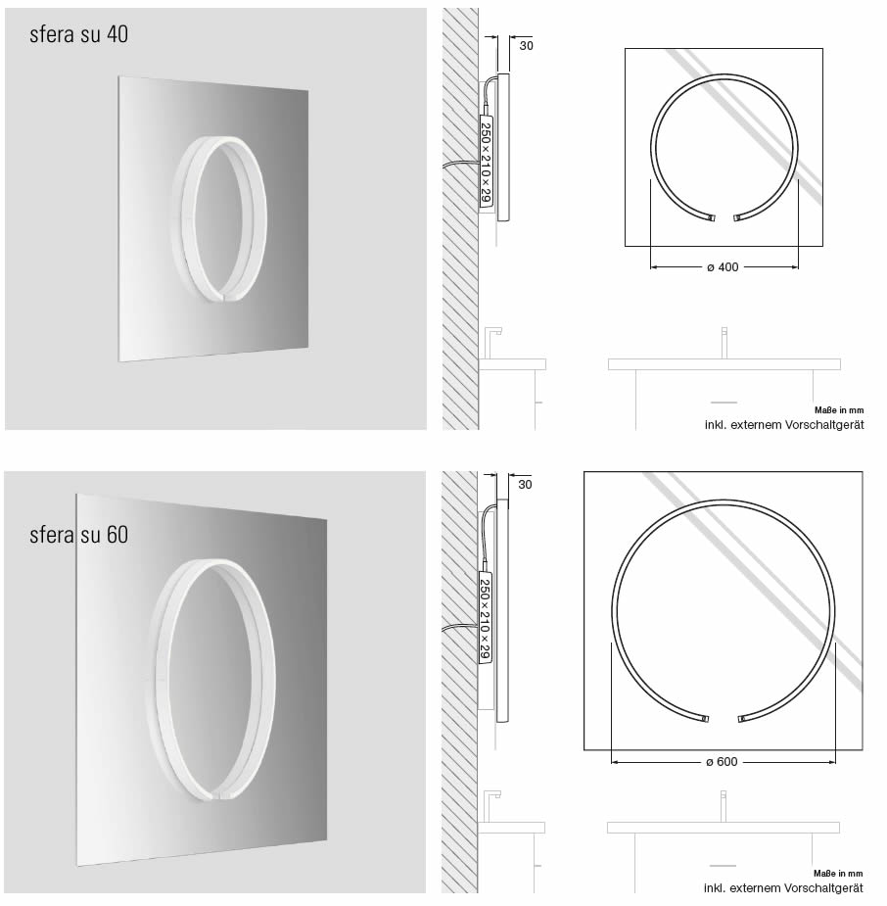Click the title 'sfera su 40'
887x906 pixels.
point(78,35)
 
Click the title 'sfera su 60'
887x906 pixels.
point(78,535)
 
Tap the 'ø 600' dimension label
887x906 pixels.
point(721,762)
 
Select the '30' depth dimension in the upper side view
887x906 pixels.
point(526,45)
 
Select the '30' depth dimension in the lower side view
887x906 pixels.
point(525,484)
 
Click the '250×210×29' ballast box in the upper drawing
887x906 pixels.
point(486,161)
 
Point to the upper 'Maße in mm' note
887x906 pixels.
point(839,411)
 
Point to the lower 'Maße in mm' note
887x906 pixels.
point(839,874)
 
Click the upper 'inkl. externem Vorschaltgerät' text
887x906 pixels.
point(783,425)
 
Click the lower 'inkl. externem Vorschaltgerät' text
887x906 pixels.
point(783,888)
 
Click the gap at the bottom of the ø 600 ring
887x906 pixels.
point(723,719)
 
